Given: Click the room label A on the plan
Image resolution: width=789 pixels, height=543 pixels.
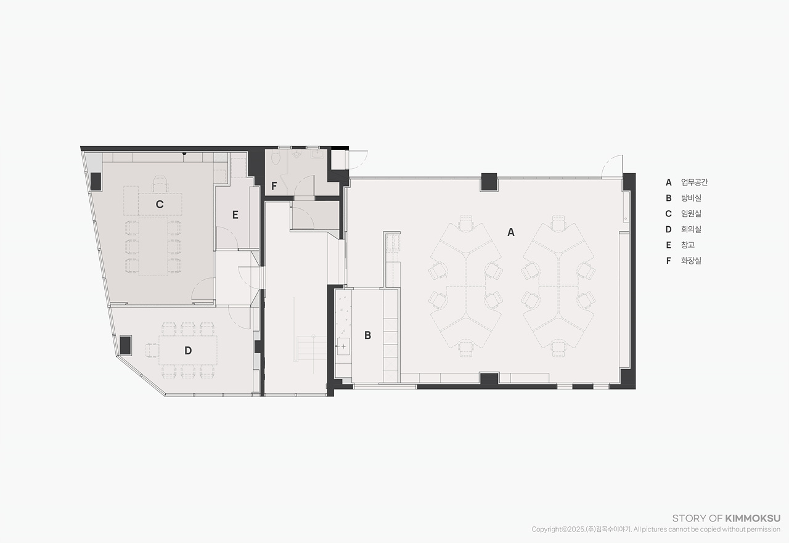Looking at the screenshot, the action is [511, 232].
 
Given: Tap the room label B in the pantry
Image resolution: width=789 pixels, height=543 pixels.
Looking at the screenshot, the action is [367, 335].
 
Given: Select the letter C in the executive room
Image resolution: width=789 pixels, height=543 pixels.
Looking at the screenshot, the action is [160, 204].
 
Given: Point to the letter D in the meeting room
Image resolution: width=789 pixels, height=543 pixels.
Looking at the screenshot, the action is [188, 350].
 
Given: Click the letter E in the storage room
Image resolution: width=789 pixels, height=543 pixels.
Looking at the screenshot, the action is [235, 215].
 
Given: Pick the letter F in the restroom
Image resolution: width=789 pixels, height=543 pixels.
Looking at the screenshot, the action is [274, 186].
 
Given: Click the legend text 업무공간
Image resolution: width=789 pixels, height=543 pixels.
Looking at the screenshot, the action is [694, 182].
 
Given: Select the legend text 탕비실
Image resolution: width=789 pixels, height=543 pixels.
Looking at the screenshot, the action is [691, 198].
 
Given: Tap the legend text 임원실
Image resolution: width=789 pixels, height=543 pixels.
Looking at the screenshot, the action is [691, 213].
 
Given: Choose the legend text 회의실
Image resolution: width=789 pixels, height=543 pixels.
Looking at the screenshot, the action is [691, 229].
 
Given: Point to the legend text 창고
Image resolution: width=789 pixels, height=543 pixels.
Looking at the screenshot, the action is [687, 245].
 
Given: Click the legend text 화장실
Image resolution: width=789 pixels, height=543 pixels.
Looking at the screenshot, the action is [691, 261].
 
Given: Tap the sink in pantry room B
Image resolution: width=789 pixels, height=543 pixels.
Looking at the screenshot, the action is [343, 346].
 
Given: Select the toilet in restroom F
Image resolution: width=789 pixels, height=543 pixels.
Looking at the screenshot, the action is [276, 158].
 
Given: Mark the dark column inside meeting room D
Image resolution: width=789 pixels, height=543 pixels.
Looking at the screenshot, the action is [125, 345].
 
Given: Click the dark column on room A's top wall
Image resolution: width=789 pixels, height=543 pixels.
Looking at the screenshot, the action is [489, 182].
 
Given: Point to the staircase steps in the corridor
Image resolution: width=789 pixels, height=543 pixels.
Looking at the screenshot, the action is [312, 348].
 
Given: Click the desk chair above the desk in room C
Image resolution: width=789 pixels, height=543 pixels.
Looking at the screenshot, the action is [160, 184].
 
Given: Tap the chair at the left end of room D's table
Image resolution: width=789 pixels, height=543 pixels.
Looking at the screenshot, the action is [152, 350].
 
